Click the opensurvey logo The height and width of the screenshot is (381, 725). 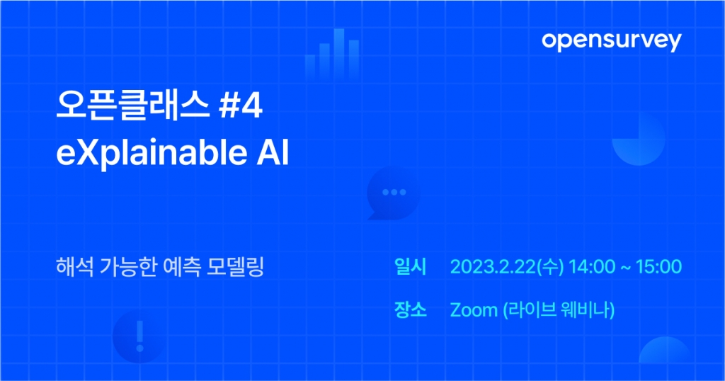[611, 41]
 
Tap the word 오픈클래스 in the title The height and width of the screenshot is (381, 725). [133, 106]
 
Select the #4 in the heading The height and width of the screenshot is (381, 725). [241, 106]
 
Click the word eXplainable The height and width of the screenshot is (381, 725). [152, 152]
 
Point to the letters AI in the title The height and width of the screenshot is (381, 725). [273, 152]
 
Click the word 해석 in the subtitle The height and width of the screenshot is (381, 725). [75, 267]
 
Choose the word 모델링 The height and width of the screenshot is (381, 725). [235, 267]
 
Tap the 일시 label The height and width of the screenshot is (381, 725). [410, 267]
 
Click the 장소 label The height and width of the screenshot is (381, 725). [410, 309]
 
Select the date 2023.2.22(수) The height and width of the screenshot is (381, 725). [507, 267]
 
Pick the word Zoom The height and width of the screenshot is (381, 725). [474, 309]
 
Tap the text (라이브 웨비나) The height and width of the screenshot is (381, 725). [559, 309]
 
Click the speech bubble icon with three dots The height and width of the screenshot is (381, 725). [394, 193]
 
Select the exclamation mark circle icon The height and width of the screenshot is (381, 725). [139, 336]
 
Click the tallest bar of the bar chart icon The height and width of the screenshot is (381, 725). [339, 52]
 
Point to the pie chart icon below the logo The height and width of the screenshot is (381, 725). [639, 139]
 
